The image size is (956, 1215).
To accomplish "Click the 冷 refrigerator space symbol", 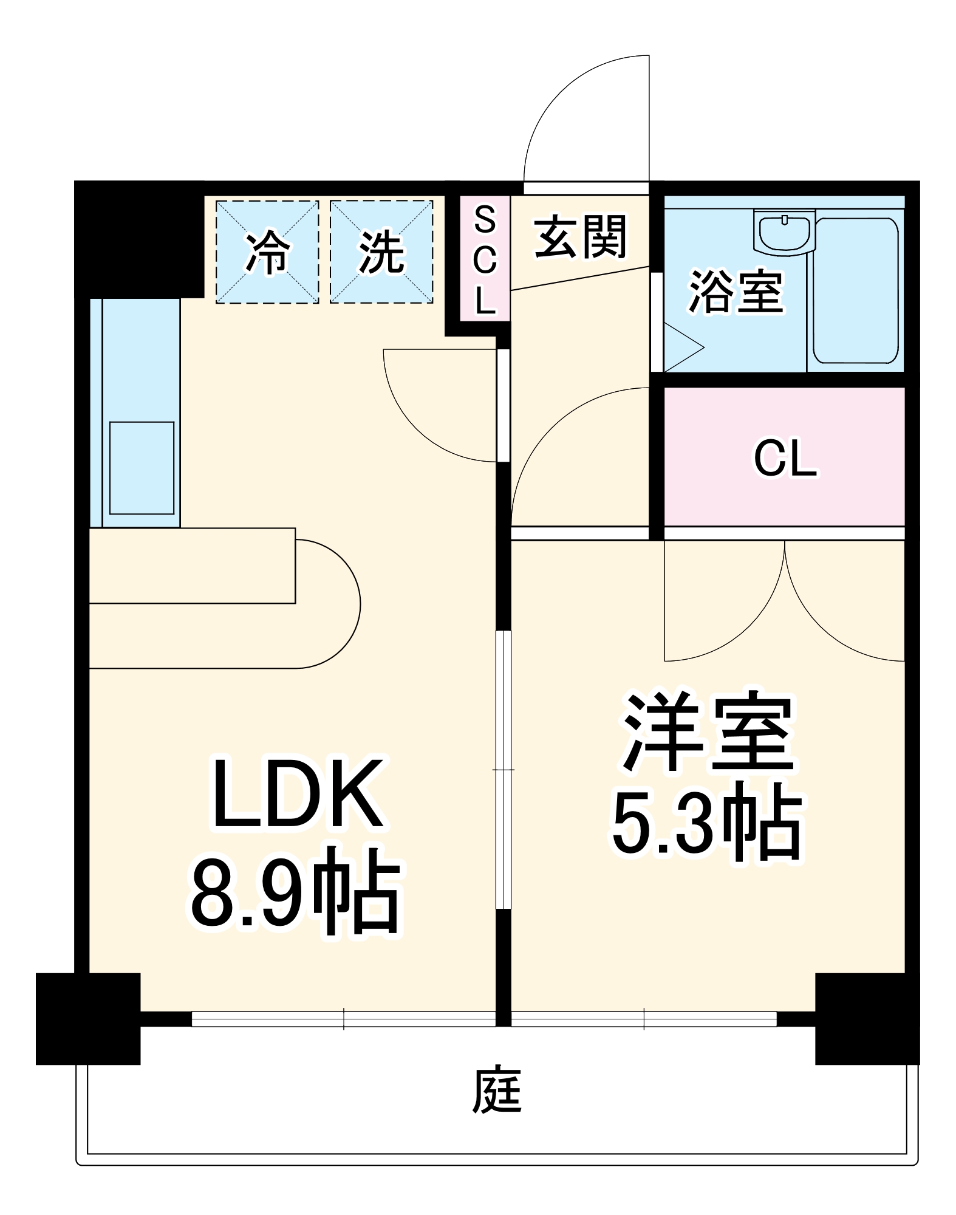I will (267, 252).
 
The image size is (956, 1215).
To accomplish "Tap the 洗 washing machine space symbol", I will (381, 252).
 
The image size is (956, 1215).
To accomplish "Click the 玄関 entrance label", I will (580, 237).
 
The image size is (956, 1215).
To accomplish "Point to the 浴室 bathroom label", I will (736, 292).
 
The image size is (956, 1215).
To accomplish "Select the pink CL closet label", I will (785, 459).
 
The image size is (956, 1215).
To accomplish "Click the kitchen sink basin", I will (142, 468).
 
